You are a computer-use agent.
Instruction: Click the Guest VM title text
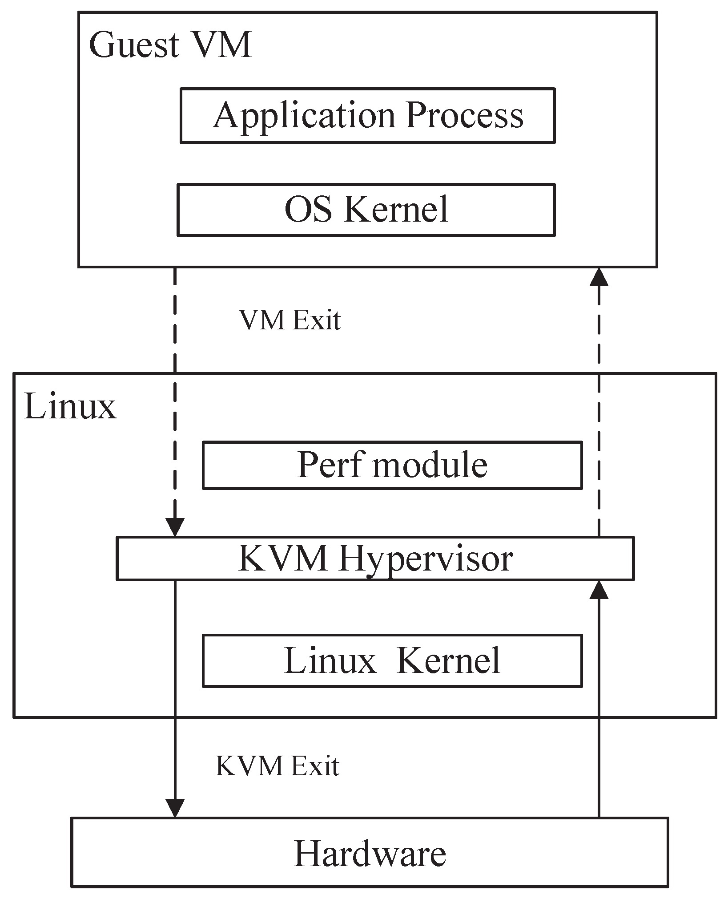[x=170, y=45]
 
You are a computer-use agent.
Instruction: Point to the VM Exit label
[x=290, y=320]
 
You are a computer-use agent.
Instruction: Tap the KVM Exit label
[x=278, y=766]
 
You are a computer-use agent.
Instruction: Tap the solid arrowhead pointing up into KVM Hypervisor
[x=599, y=590]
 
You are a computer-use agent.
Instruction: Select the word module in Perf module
[x=430, y=465]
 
